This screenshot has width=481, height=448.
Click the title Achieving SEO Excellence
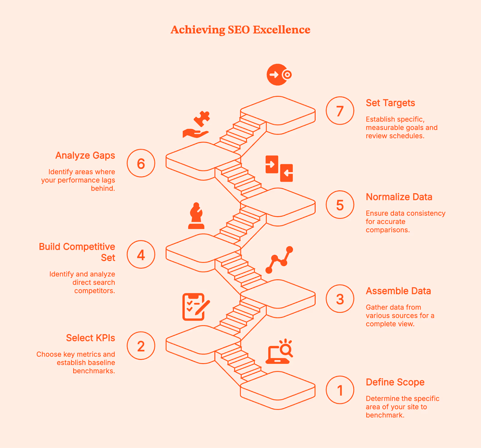click(x=240, y=30)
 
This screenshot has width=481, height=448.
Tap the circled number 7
click(x=340, y=111)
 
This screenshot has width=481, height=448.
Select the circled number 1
click(x=340, y=390)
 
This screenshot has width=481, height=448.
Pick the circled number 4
click(x=141, y=254)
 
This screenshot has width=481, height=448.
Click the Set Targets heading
click(x=390, y=103)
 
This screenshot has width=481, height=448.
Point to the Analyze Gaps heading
click(x=85, y=155)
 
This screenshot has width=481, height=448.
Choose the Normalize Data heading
click(x=399, y=197)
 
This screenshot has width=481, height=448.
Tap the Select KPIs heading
click(x=90, y=338)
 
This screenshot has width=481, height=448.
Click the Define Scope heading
click(x=395, y=382)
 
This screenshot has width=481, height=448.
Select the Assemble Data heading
click(x=398, y=291)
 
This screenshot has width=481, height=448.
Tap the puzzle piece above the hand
click(x=202, y=118)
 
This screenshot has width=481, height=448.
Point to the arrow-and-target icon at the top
click(x=279, y=75)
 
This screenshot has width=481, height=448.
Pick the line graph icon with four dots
click(x=279, y=260)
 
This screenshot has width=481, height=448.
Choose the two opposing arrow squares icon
click(x=279, y=169)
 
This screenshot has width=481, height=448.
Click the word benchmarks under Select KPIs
click(x=93, y=371)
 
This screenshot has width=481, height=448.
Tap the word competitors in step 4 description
click(x=94, y=291)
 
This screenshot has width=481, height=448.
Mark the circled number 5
click(x=340, y=205)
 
